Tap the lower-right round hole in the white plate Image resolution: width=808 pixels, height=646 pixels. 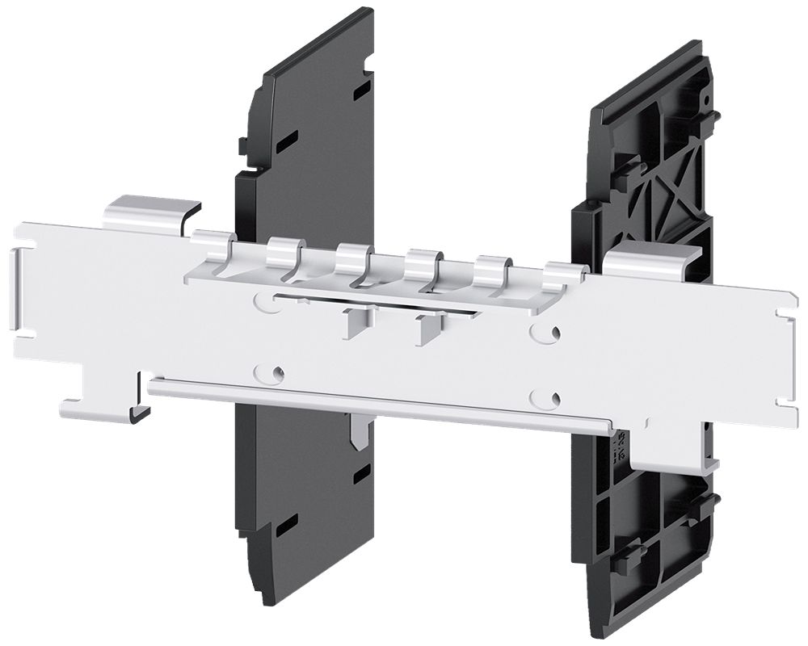(x=549, y=397)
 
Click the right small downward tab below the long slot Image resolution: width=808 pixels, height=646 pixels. (x=423, y=329)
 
